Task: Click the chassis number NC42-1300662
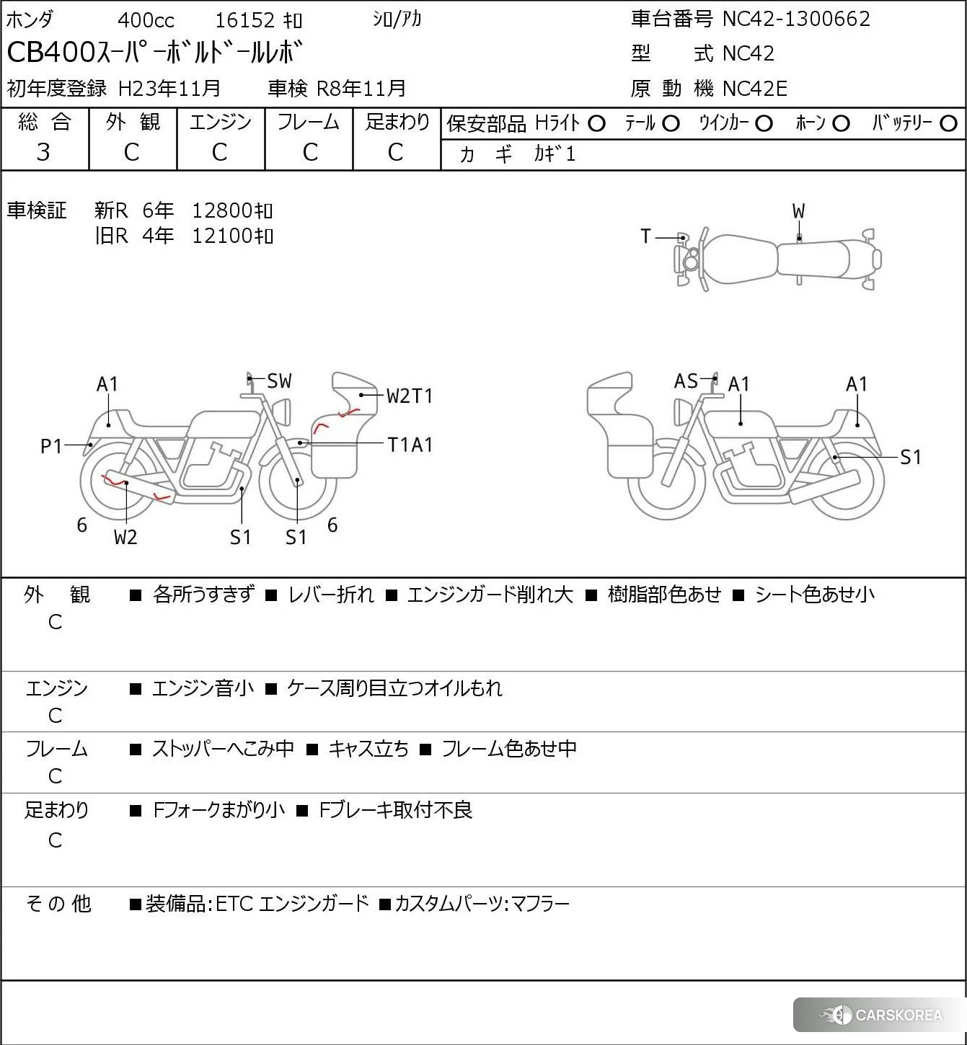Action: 796,19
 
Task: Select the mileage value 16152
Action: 245,20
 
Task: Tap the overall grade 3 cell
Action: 44,152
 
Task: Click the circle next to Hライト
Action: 596,124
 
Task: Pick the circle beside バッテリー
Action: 949,124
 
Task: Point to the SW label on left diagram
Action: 279,381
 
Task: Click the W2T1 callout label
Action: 410,396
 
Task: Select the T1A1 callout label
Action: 410,445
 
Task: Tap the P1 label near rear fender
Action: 51,447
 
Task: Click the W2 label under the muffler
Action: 125,538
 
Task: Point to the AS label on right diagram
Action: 686,381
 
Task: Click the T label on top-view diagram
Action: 645,236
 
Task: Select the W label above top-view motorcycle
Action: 798,212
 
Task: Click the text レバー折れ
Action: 331,595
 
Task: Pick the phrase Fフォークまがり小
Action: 219,810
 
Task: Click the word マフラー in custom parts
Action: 540,904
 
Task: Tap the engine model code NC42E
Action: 754,89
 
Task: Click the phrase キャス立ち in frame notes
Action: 368,749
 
